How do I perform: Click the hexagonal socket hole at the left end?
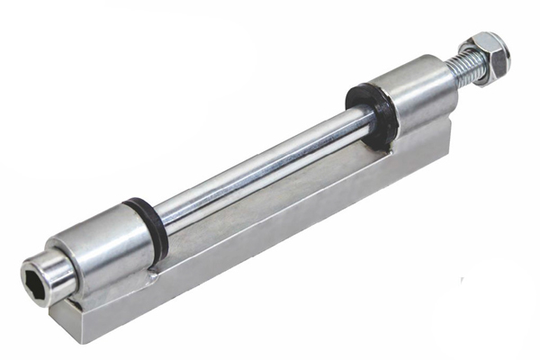[40, 276]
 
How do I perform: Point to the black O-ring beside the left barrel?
[147, 230]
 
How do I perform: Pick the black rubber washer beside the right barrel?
[373, 115]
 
